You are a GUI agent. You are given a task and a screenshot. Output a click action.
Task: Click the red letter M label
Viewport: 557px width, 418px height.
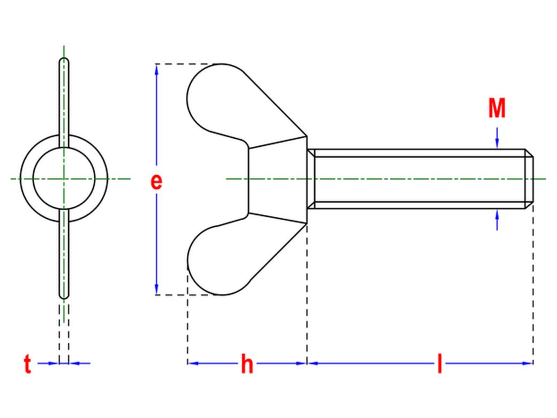[x=496, y=108]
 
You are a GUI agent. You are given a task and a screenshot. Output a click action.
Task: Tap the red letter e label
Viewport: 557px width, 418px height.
[x=156, y=181]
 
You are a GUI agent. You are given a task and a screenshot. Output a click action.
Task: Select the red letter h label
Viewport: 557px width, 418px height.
[x=247, y=363]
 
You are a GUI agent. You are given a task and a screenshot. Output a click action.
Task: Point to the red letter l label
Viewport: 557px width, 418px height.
[x=439, y=363]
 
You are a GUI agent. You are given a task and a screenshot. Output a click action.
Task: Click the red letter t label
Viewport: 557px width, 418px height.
[x=27, y=363]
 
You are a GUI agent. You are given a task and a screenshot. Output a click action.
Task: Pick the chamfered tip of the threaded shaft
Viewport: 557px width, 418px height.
[x=529, y=179]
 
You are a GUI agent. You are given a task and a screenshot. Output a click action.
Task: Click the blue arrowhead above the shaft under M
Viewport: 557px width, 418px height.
[x=497, y=143]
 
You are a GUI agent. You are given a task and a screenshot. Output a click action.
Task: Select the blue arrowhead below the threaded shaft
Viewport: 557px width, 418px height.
[x=497, y=215]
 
